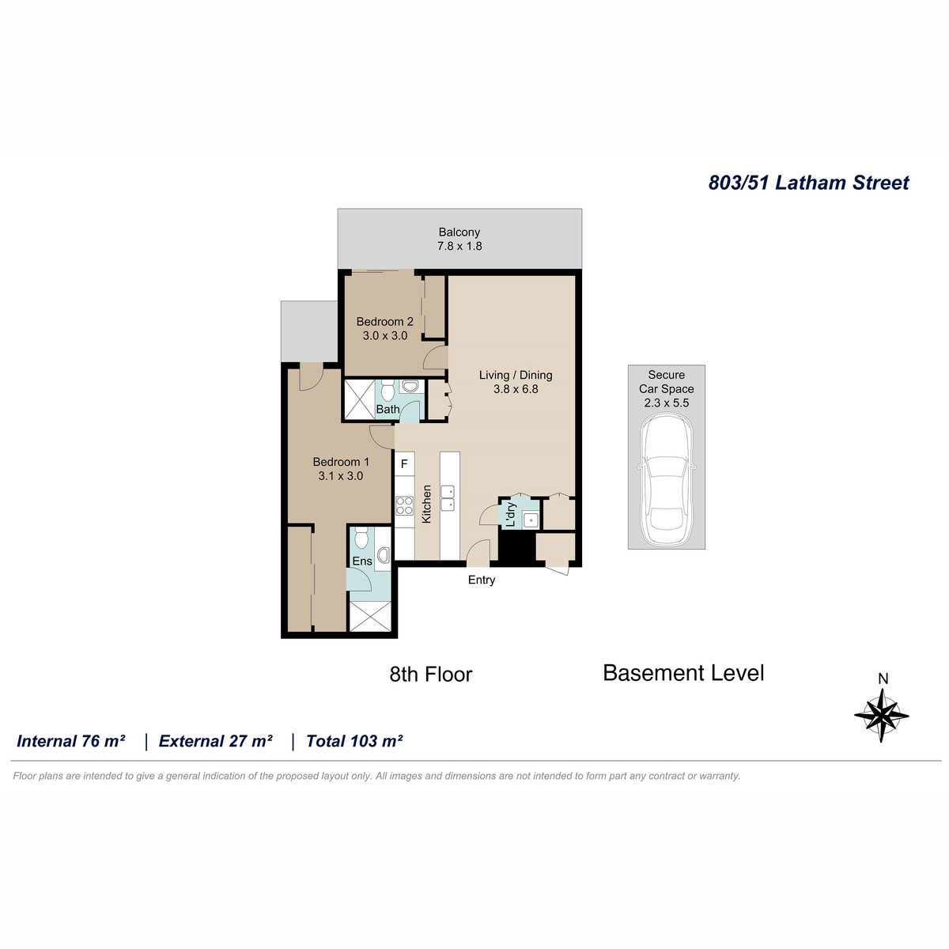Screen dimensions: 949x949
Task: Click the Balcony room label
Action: (x=459, y=232)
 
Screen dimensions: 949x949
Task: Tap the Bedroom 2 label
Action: (x=384, y=322)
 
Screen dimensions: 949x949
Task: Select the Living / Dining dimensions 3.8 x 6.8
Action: (x=516, y=389)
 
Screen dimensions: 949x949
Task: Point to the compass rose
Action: (x=881, y=715)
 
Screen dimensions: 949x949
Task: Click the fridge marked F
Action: (x=404, y=464)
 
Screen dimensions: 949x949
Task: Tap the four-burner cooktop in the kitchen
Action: (x=404, y=505)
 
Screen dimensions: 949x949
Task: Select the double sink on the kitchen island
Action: (x=448, y=498)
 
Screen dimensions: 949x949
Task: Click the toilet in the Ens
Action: (x=361, y=537)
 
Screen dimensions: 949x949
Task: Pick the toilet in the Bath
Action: (x=388, y=390)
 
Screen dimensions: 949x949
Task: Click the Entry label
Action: (x=481, y=580)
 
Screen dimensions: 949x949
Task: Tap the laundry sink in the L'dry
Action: (x=531, y=520)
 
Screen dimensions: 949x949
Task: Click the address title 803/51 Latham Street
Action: (x=809, y=183)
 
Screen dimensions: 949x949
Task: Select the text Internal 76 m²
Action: (x=71, y=741)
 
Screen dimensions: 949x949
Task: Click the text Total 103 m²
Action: (x=354, y=741)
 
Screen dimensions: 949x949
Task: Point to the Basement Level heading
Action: (x=683, y=673)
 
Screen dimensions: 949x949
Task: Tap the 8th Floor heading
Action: (x=431, y=675)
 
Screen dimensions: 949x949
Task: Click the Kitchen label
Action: (x=426, y=504)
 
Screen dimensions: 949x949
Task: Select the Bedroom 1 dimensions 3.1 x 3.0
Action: (x=340, y=476)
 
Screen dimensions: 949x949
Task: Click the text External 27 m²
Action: (x=216, y=741)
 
